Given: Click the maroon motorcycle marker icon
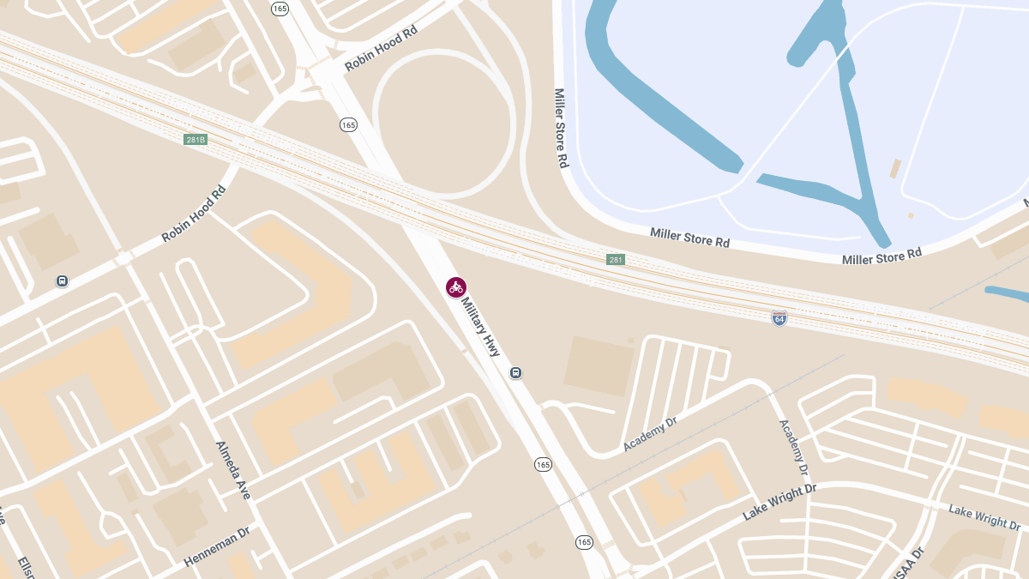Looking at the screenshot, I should coord(456,287).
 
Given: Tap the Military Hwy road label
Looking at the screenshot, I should coord(480,327).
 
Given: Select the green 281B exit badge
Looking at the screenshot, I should coord(196,139).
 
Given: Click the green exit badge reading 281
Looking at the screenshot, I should coord(616,259).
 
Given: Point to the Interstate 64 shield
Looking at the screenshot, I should coord(779,318).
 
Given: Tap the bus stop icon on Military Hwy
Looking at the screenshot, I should coord(516,372).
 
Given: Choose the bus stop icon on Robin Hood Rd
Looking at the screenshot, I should coord(62,280).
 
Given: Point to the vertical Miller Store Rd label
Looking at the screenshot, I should coord(561,128).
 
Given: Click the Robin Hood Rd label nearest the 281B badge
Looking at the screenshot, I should coord(194,213).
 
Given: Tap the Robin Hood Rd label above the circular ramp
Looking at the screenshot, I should coord(381,48).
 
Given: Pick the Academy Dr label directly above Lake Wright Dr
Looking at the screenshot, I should coord(793,447).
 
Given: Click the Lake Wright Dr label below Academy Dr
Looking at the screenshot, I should coord(779,502).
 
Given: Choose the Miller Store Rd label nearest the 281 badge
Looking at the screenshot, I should coord(689,238).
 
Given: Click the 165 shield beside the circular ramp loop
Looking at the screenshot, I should coord(347,125).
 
